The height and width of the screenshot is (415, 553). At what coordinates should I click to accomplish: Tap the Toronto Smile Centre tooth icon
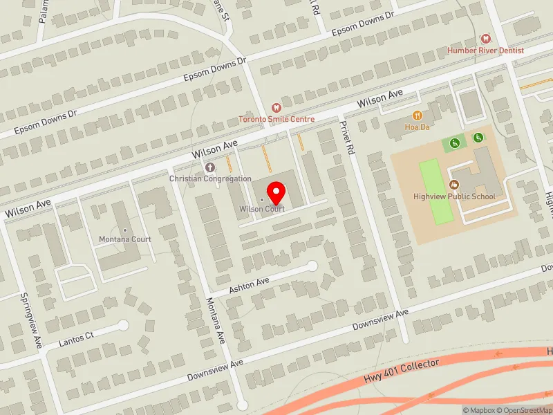(276, 107)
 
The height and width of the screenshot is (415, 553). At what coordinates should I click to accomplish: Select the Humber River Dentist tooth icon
(485, 39)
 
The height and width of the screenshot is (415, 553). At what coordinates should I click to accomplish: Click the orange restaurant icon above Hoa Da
(417, 115)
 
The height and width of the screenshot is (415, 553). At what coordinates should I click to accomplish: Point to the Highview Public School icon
(454, 184)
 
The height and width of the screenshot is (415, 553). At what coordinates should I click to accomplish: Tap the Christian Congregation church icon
(210, 167)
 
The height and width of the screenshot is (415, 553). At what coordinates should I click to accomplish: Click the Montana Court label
(124, 239)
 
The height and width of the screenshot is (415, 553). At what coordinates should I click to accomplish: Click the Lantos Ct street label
(76, 338)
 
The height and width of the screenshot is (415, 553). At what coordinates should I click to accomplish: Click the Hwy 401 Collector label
(401, 371)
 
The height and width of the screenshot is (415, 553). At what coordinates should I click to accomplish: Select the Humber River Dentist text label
(485, 50)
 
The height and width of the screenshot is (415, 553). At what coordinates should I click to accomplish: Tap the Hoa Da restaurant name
(417, 127)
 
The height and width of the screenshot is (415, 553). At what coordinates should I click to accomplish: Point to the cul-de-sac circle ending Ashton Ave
(312, 266)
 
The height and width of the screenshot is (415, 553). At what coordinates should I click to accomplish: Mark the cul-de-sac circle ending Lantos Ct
(123, 324)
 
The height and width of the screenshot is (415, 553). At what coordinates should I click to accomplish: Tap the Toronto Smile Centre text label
(276, 119)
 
